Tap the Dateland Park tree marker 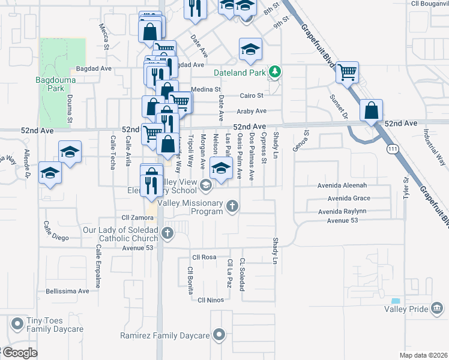click(x=275, y=72)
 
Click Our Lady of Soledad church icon click(x=169, y=235)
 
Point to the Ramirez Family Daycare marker click(x=220, y=335)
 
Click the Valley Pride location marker click(x=438, y=309)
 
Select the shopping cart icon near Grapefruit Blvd click(x=347, y=73)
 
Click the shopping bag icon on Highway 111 click(x=372, y=110)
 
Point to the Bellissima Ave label click(x=67, y=291)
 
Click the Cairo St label click(x=252, y=95)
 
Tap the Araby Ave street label click(x=252, y=111)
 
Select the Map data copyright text click(x=422, y=355)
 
